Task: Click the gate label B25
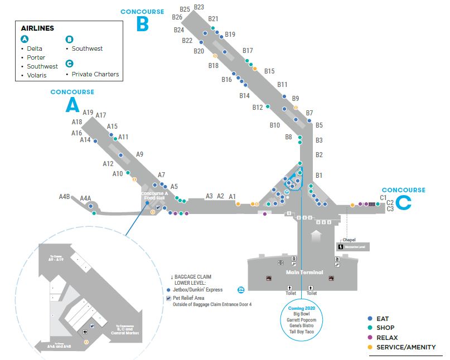[185, 9]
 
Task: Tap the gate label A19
[88, 113]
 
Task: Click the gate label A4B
[65, 197]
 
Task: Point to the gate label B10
[274, 125]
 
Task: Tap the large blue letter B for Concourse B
[143, 24]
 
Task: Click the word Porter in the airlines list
[36, 57]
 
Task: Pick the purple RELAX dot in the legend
[370, 338]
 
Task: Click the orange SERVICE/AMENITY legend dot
[370, 347]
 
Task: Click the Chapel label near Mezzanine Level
[349, 240]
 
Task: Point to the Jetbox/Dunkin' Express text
[197, 290]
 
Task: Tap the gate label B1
[319, 176]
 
